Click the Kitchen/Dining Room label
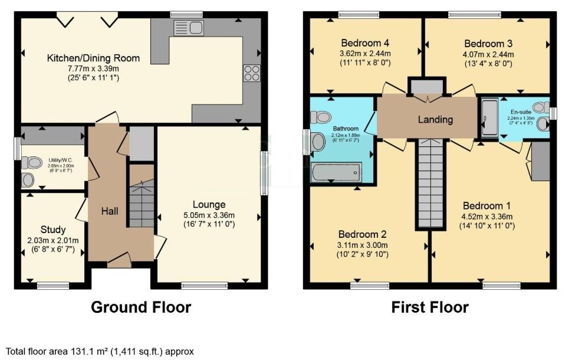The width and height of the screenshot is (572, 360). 94,58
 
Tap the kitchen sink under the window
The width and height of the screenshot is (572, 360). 188,27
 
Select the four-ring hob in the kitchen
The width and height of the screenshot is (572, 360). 252,73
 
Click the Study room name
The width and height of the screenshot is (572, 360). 53,230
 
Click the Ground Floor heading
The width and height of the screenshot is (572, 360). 140,307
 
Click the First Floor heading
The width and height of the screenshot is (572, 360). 430,307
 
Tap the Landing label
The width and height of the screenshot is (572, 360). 435,120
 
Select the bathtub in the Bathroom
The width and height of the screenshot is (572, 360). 336,173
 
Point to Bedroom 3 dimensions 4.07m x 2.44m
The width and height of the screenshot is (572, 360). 488,54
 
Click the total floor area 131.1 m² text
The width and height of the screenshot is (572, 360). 100,351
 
